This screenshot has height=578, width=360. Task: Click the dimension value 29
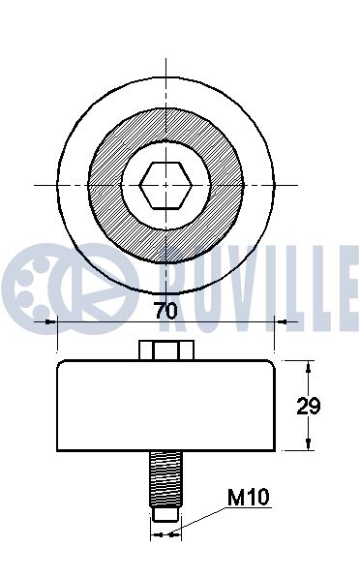(309, 406)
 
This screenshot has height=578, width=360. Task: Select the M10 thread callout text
(248, 498)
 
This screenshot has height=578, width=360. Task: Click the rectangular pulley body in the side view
(166, 406)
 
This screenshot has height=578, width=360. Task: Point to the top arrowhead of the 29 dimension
(310, 366)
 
